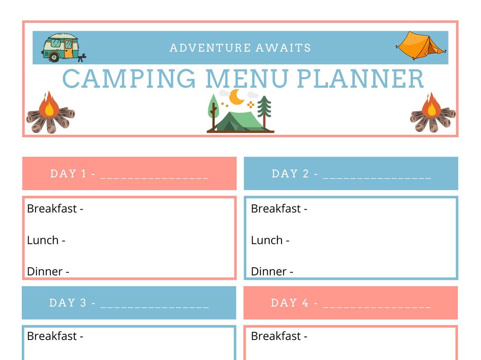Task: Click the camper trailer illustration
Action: [x=63, y=47]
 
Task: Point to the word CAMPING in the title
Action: [x=129, y=78]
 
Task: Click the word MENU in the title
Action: [x=247, y=78]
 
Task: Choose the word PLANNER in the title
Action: [x=360, y=78]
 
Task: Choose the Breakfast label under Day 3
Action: [x=52, y=336]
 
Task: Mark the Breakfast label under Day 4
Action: [x=276, y=336]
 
